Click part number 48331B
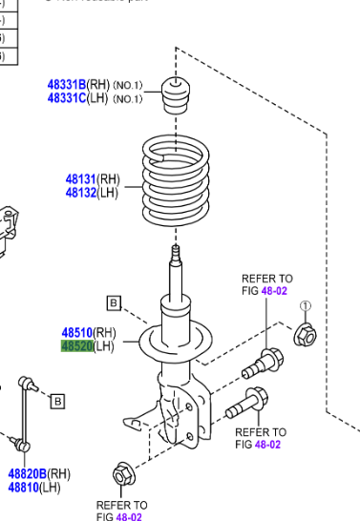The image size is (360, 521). point(67,85)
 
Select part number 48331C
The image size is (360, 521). point(67,98)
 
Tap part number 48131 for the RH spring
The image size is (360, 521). point(80,179)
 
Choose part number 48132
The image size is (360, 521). point(80,193)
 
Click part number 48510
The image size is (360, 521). point(77,332)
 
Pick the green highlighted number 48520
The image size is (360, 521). point(77,345)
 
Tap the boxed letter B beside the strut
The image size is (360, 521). point(114,304)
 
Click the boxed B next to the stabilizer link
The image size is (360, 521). point(57,401)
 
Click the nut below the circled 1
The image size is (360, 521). point(307,334)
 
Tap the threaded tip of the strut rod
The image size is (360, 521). point(175,256)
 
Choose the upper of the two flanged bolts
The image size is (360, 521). point(263,363)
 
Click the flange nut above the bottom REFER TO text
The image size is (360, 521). point(122,474)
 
